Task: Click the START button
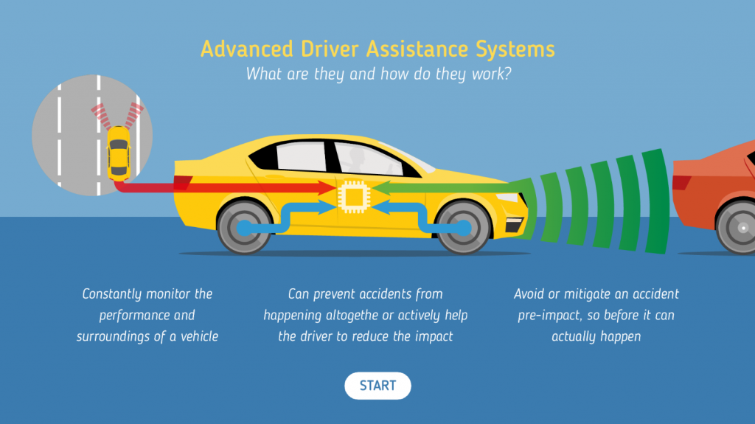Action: pos(377,386)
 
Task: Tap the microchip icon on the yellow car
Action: pos(354,197)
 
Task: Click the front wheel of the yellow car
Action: pos(463,227)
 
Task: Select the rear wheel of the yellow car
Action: pos(244,227)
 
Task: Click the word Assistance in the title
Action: pos(417,49)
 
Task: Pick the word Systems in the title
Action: pos(515,49)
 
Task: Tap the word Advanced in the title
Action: pos(246,49)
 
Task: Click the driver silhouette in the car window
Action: pos(357,161)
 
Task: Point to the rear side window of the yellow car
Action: pos(302,156)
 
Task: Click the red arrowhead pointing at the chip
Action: pos(327,187)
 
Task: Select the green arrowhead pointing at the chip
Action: pos(381,187)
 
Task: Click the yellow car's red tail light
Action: pos(183,183)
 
